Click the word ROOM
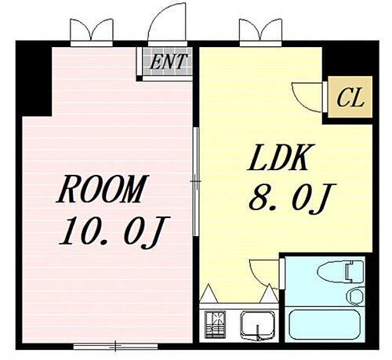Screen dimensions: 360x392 [x=103, y=191]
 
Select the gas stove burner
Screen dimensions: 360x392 [x=213, y=323]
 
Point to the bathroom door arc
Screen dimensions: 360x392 [x=262, y=272]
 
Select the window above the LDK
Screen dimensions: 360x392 [x=258, y=32]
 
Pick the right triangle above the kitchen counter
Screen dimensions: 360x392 [x=269, y=296]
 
